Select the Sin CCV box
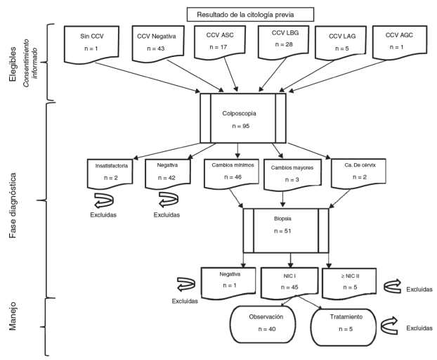(x=87, y=46)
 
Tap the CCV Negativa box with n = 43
(x=150, y=46)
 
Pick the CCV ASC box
(x=216, y=46)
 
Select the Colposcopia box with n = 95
(x=242, y=118)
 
